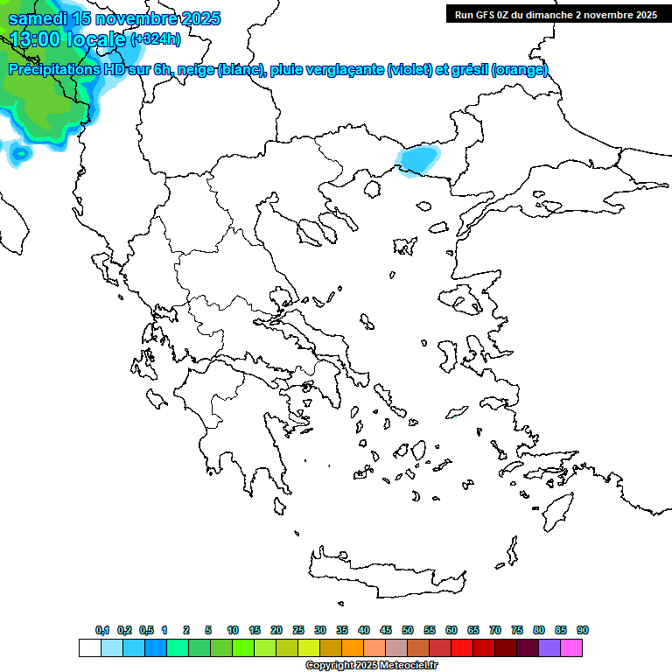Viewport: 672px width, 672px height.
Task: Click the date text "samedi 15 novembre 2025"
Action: pos(114,18)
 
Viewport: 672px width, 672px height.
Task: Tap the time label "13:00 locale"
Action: pos(66,39)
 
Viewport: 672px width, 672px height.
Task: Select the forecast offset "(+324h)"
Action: pos(156,39)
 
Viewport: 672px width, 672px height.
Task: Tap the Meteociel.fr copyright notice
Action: pos(371,665)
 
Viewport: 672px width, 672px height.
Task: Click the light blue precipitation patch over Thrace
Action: pos(418,160)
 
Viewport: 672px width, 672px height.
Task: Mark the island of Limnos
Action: pos(404,245)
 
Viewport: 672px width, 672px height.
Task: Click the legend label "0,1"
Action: pos(102,630)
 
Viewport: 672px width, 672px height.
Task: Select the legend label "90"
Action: pos(583,630)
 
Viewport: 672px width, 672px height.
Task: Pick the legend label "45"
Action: pos(386,630)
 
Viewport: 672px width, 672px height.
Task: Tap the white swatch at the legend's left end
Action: pos(89,648)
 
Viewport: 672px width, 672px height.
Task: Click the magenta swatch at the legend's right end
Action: pos(571,648)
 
